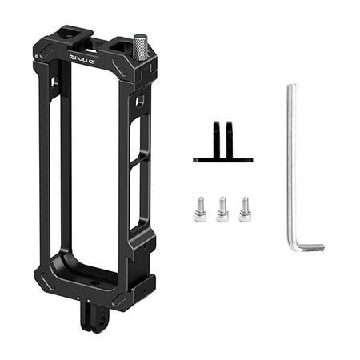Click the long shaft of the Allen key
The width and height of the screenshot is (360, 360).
click(x=291, y=160)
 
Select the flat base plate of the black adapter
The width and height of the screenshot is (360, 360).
click(x=222, y=159)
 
